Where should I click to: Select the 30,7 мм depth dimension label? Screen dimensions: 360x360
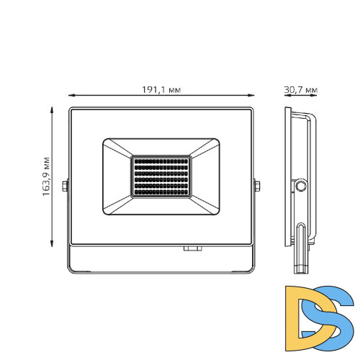click(301, 89)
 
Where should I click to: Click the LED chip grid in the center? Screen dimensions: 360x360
click(161, 176)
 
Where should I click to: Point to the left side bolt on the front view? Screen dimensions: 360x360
click(66, 186)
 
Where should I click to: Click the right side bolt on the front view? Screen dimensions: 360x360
click(257, 186)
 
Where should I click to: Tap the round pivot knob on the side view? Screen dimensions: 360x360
click(301, 186)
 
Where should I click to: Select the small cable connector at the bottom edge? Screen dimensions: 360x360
click(192, 250)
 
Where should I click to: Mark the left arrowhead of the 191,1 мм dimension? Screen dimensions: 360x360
click(71, 95)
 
